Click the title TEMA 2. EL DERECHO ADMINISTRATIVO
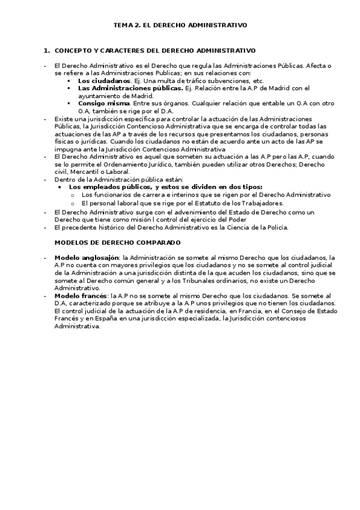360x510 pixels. click(x=180, y=25)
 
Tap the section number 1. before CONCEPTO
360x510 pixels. click(x=47, y=51)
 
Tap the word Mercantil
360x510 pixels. click(x=82, y=171)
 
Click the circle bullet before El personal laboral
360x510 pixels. click(x=73, y=203)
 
